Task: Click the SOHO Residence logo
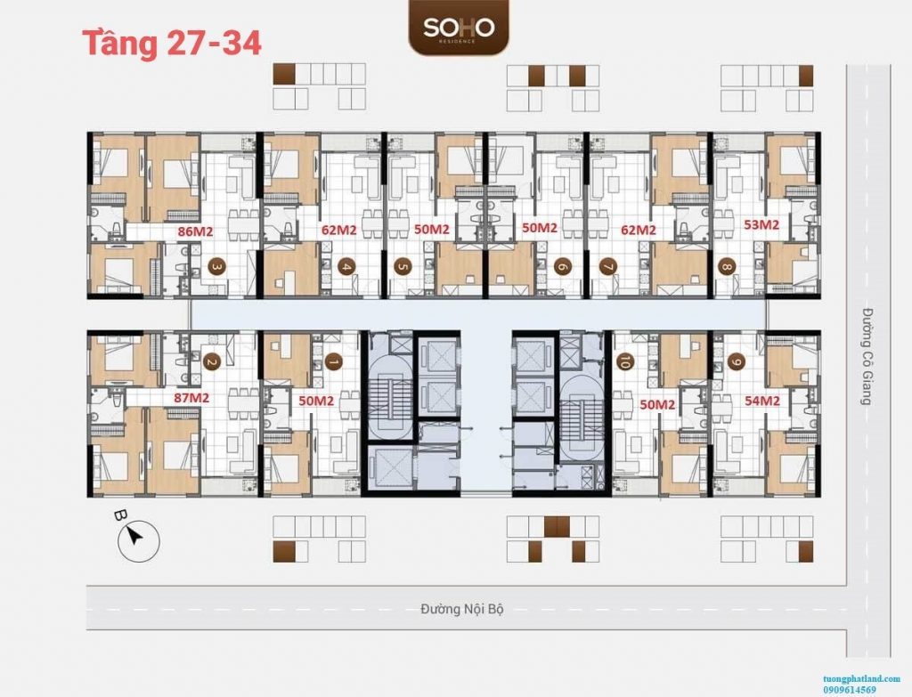pos(459,28)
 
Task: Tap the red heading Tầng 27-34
pos(172,43)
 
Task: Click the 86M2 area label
pos(195,231)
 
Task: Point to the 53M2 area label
pos(761,223)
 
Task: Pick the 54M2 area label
pos(762,401)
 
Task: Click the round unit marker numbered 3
pos(216,267)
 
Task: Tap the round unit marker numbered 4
pos(347,267)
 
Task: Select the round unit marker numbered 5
pos(402,267)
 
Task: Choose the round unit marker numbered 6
pos(561,267)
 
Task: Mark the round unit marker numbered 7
pos(608,267)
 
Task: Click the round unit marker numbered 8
pos(726,267)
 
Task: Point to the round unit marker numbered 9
pos(737,362)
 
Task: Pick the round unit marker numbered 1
pos(333,362)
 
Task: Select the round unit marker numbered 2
pos(210,362)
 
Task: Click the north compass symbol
pos(137,539)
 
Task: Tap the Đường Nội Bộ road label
pos(462,609)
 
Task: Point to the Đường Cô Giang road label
pos(867,356)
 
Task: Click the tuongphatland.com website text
pos(861,678)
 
